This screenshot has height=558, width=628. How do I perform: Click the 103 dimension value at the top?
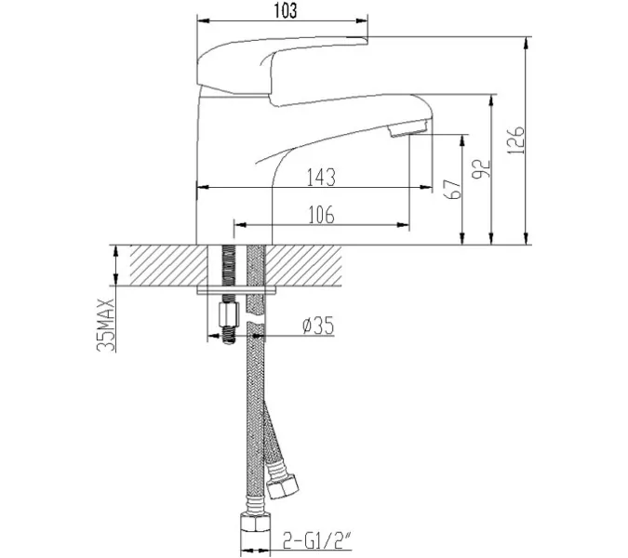click(x=287, y=12)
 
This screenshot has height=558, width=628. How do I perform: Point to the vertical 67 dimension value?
click(x=453, y=189)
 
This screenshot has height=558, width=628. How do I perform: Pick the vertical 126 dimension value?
click(x=519, y=139)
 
